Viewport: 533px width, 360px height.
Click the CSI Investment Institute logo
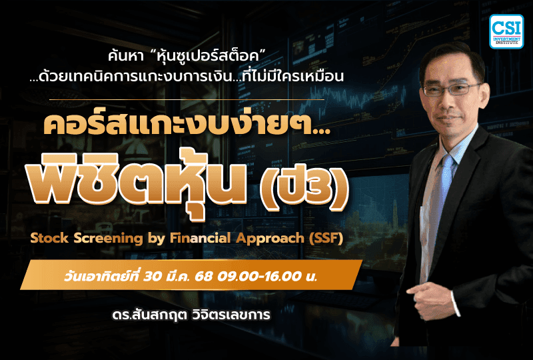tap(506, 31)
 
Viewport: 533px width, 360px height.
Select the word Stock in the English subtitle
tap(60, 238)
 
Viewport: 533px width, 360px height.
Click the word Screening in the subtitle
tap(119, 238)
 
